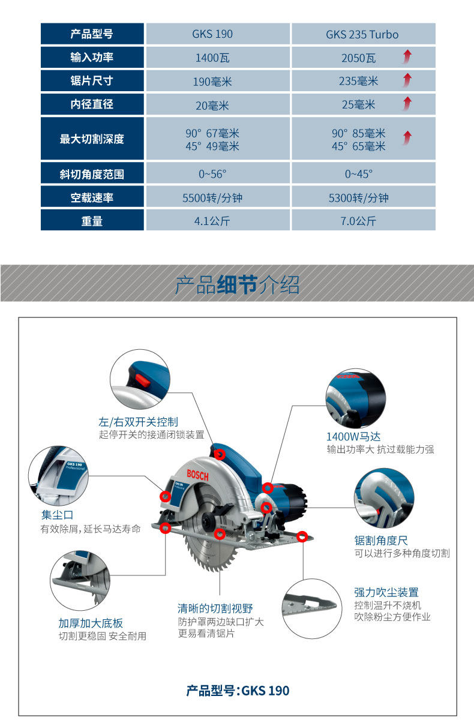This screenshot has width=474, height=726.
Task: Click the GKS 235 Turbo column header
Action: coord(362,34)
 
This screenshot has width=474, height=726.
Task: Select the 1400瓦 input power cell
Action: coord(212,58)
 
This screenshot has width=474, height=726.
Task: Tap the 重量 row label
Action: coord(92,221)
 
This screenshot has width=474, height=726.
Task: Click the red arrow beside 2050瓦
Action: coord(407,58)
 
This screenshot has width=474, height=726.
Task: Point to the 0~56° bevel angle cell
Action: coord(212,174)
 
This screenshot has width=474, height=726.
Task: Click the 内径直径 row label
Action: coord(92,104)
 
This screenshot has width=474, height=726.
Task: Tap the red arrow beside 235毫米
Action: coord(407,80)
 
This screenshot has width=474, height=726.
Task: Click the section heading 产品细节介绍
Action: coord(237,284)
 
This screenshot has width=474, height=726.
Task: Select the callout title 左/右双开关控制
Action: coord(139,422)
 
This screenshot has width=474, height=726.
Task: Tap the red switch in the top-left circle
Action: coord(142,379)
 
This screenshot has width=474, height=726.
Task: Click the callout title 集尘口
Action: coord(57,515)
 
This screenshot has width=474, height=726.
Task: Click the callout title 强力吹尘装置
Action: coord(386,592)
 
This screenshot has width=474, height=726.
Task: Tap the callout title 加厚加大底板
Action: coord(91,623)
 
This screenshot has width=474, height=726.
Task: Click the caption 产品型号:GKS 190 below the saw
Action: coord(238,691)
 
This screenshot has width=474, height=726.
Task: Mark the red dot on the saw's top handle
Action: coord(220,454)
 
